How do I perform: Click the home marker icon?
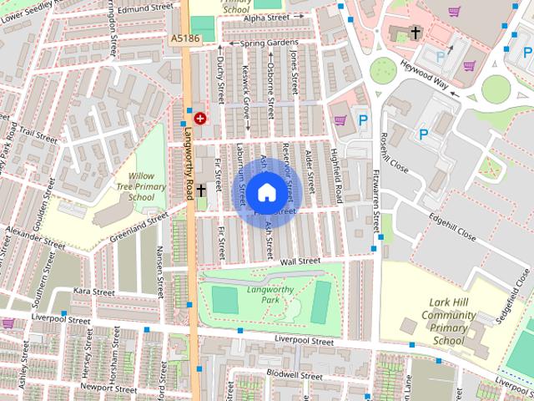(265, 192)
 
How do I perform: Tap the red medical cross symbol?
(199, 119)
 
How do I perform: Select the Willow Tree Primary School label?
(136, 187)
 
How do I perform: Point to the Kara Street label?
(93, 292)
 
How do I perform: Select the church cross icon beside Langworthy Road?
(200, 192)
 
